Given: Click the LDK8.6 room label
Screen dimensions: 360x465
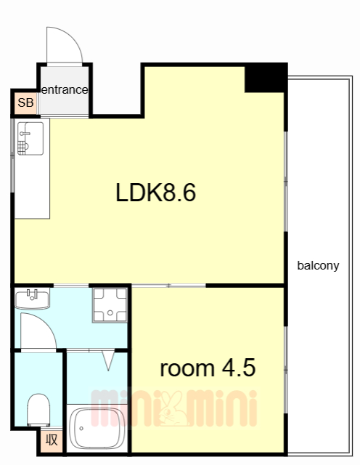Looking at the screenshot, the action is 155,193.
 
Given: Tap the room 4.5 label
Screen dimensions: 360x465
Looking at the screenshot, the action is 208,368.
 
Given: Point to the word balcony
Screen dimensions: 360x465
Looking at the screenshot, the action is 318,265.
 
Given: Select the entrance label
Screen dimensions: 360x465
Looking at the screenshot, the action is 65,89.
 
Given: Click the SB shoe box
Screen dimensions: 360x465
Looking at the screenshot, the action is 25,102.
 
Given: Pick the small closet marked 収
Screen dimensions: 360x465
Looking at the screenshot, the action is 52,440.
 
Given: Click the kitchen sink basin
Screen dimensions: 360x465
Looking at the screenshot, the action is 30,139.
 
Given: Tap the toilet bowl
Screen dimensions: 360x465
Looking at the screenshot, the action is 38,410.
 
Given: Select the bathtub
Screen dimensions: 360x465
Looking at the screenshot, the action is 97,429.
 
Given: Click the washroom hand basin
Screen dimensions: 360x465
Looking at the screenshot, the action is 32,299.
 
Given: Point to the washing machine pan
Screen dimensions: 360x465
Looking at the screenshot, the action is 110,305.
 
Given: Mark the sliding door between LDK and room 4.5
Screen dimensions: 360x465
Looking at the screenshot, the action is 168,286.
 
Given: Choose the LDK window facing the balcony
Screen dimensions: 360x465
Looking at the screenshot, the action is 286,182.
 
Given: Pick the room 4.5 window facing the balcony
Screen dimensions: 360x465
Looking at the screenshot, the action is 286,370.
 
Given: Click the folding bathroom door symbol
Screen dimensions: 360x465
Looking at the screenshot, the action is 108,360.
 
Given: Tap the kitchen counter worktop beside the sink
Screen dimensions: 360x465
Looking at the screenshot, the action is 32,187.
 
